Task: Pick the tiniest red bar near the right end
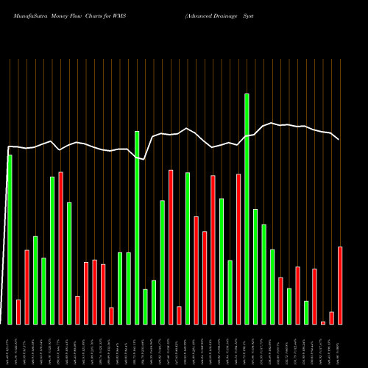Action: [x=323, y=322]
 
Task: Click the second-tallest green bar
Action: [x=137, y=227]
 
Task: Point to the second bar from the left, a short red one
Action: [x=18, y=311]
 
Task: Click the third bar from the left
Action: [x=26, y=287]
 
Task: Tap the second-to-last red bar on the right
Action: [x=331, y=317]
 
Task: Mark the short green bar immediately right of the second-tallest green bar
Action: [x=145, y=306]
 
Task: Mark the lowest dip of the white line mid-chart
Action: [x=145, y=159]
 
